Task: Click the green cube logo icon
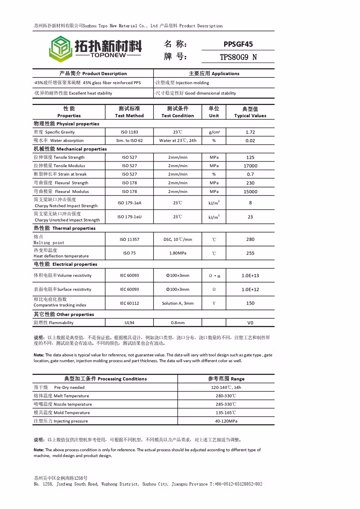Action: coord(60,49)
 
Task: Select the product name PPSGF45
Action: coord(238,44)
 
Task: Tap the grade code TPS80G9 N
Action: coord(238,57)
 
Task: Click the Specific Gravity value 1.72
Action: coord(250,132)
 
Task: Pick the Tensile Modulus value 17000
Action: coord(250,166)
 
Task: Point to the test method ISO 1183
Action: coord(129,132)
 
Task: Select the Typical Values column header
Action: coord(250,112)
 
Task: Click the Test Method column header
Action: coord(129,112)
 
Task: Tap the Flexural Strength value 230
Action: coord(250,183)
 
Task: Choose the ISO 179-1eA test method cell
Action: coord(129,203)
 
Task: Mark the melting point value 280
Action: coord(250,239)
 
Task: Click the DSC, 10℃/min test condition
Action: coord(178,239)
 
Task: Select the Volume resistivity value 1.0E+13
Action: coord(250,276)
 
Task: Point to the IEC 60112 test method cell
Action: coord(129,303)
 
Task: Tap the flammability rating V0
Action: coord(250,323)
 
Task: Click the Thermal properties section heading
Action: coord(65,228)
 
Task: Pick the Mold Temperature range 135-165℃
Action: coord(226,413)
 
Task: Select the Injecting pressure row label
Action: coord(61,421)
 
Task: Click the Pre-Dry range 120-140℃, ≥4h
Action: coord(226,387)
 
